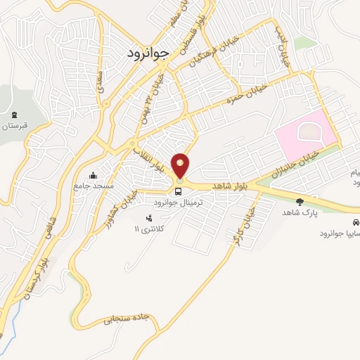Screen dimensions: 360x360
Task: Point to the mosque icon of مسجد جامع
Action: point(94,176)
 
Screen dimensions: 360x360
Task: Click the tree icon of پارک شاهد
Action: point(300,202)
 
